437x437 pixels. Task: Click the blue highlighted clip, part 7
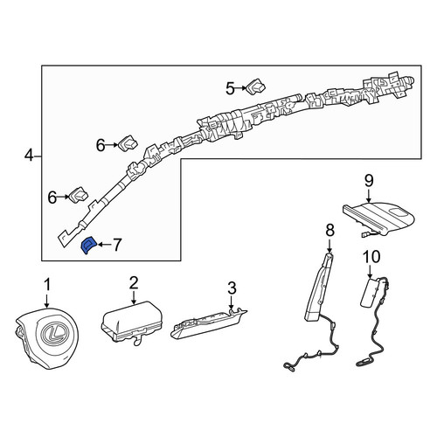[x=87, y=246]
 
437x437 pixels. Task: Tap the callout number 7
[x=116, y=245]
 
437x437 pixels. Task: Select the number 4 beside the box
[x=29, y=156]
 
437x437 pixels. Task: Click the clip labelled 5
[x=256, y=86]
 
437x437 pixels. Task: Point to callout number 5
[x=230, y=88]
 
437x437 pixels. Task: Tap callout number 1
[x=47, y=285]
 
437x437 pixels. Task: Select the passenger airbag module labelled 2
[x=132, y=322]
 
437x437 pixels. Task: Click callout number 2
[x=134, y=282]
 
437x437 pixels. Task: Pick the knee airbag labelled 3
[x=209, y=323]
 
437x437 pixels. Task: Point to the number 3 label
[x=232, y=288]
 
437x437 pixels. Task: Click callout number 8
[x=329, y=231]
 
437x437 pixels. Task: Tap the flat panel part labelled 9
[x=378, y=218]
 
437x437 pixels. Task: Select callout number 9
[x=369, y=181]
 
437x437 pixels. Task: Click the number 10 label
[x=371, y=257]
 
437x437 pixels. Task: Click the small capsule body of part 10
[x=369, y=292]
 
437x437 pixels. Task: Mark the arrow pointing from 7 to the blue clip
[x=104, y=245]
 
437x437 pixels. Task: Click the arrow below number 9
[x=369, y=196]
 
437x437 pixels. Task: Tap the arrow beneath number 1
[x=47, y=300]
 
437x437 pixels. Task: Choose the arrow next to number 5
[x=241, y=88]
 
